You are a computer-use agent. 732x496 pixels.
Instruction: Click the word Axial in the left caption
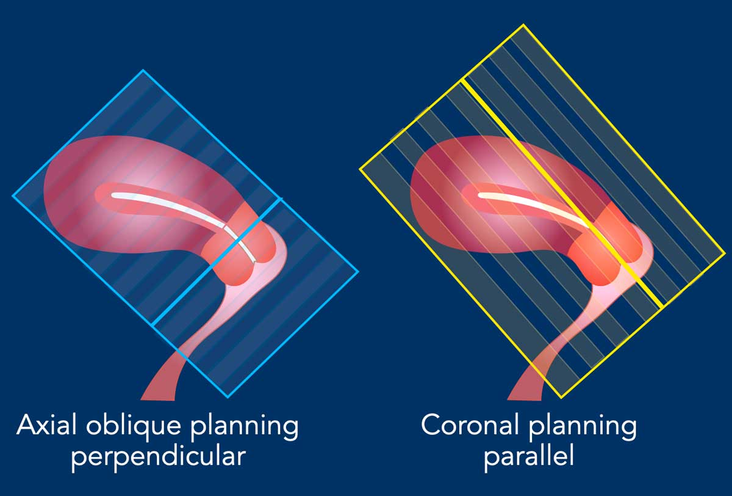coord(46,425)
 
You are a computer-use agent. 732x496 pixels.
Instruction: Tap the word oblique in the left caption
coord(134,427)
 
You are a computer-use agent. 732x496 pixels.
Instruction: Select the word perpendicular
coord(159,457)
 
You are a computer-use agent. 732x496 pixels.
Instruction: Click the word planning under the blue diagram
coord(244,427)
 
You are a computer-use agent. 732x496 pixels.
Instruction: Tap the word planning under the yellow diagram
coord(583,427)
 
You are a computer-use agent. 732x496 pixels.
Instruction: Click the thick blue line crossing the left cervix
coord(217,261)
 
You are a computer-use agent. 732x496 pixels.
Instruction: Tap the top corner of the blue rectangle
coord(143,70)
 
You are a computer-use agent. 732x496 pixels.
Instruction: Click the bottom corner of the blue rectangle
coord(228,397)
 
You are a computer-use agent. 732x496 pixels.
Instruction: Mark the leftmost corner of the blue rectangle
coord(13,196)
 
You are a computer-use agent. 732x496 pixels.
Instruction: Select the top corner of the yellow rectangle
coord(523,24)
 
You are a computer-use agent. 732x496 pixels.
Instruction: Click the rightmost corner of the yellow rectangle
coord(725,253)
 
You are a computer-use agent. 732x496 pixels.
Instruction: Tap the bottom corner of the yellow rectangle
coord(561,398)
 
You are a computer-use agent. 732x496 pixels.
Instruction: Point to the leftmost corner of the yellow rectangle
coord(360,169)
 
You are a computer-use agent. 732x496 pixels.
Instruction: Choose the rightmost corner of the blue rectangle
coord(359,271)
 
